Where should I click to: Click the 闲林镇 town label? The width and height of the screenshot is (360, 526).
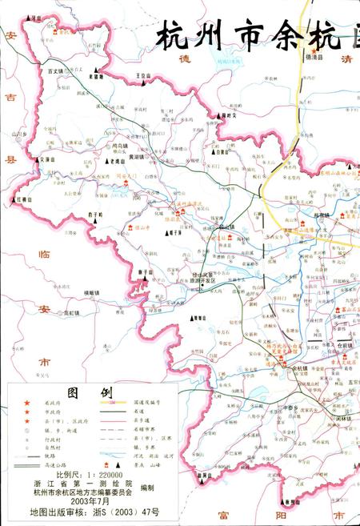pyautogui.click(x=343, y=418)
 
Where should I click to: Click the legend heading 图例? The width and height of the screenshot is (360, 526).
pyautogui.click(x=82, y=393)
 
